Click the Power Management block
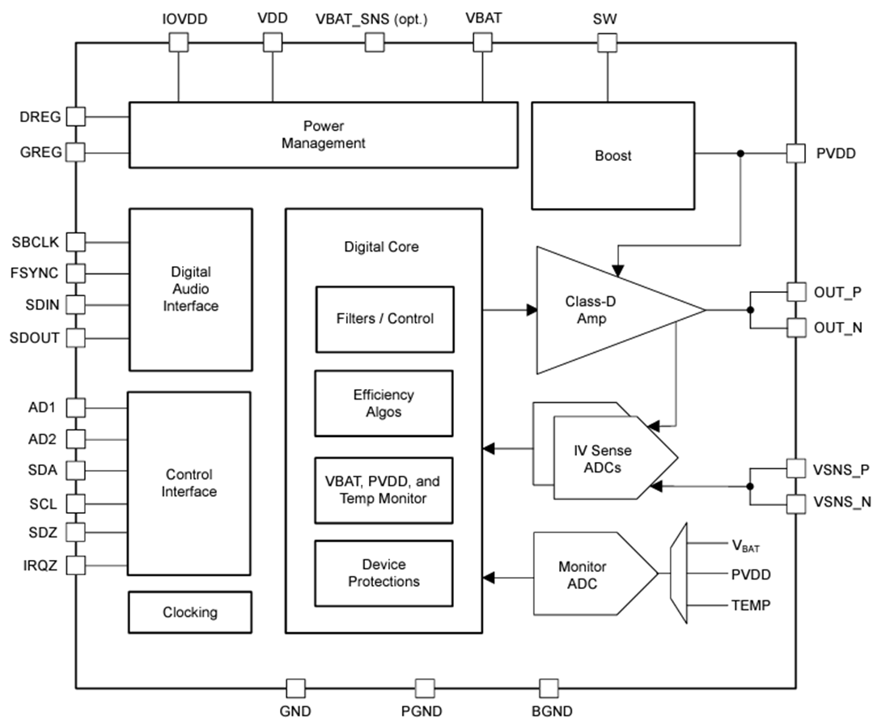[323, 135]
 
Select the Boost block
[612, 155]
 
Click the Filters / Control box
[384, 319]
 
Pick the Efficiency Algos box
[384, 403]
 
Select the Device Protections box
[384, 573]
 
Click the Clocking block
[190, 613]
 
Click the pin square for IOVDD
[177, 43]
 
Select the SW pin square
[607, 43]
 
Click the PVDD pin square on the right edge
[796, 153]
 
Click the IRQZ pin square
[75, 565]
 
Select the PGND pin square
[425, 689]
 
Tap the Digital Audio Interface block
[190, 289]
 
